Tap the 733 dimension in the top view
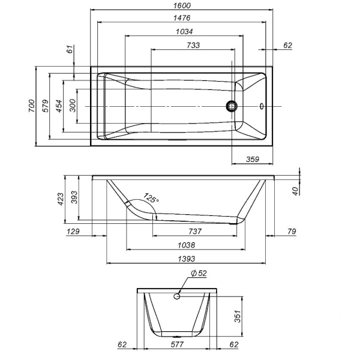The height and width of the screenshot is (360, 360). coord(193,45)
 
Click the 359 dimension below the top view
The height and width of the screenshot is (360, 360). coord(251,159)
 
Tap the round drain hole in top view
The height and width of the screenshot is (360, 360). coord(232,106)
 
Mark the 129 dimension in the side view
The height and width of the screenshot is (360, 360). coord(71,231)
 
